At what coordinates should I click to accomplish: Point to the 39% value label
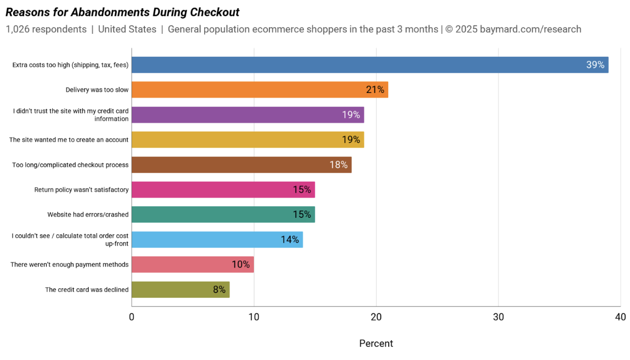pyautogui.click(x=595, y=65)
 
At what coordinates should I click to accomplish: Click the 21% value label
pyautogui.click(x=375, y=90)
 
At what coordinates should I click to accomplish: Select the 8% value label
pyautogui.click(x=219, y=290)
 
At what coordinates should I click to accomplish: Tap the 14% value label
pyautogui.click(x=290, y=240)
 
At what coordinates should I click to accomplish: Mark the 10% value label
pyautogui.click(x=241, y=264)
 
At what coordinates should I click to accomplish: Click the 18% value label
pyautogui.click(x=338, y=165)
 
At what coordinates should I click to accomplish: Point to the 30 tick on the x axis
pyautogui.click(x=498, y=317)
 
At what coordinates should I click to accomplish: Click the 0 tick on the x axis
pyautogui.click(x=131, y=317)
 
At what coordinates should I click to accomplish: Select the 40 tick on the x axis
pyautogui.click(x=620, y=317)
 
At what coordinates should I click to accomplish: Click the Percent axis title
pyautogui.click(x=376, y=343)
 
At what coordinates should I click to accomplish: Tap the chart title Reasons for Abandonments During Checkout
pyautogui.click(x=122, y=12)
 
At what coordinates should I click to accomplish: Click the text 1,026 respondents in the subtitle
pyautogui.click(x=46, y=29)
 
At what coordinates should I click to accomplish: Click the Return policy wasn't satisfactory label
pyautogui.click(x=81, y=190)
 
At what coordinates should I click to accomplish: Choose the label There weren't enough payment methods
pyautogui.click(x=70, y=264)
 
